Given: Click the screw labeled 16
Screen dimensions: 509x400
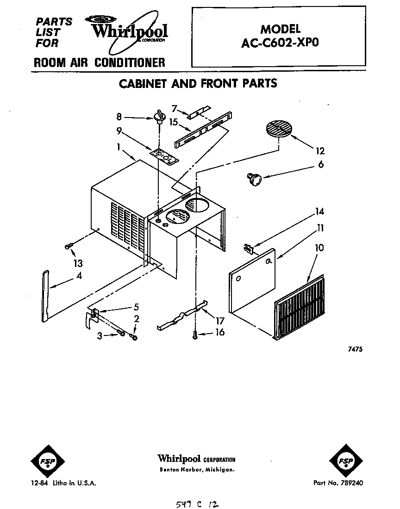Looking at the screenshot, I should tap(196, 335).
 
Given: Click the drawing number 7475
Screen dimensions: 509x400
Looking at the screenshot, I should tap(355, 349).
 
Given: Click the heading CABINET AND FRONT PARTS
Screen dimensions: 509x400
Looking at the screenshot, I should tap(198, 84).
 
